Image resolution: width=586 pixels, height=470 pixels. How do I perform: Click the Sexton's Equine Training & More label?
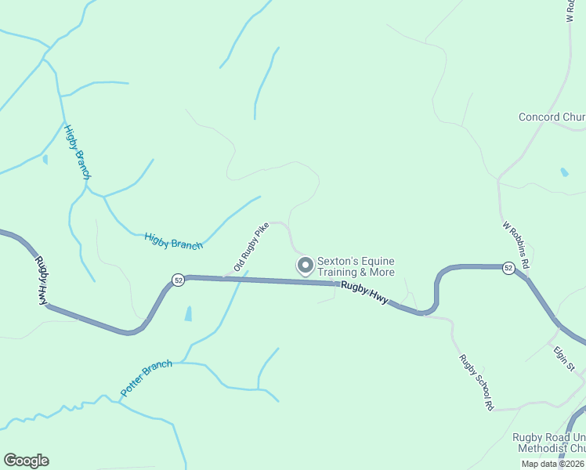tap(356, 267)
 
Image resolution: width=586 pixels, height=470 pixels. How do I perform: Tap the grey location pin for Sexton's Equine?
tap(305, 266)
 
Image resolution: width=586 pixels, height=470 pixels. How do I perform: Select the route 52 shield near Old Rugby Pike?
tap(179, 280)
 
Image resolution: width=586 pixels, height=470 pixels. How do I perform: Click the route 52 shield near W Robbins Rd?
tap(509, 268)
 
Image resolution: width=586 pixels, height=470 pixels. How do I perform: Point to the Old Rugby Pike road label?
tap(251, 246)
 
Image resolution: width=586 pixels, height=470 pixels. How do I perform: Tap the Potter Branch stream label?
tap(146, 378)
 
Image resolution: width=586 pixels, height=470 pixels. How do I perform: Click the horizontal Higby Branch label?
tap(173, 240)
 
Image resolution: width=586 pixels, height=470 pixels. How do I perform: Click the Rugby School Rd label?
tap(476, 383)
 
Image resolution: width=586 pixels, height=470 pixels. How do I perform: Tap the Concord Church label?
tap(552, 117)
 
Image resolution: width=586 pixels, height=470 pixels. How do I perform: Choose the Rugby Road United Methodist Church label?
tap(548, 443)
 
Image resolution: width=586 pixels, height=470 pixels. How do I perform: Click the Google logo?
tap(26, 461)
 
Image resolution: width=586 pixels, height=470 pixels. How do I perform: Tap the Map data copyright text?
tap(553, 464)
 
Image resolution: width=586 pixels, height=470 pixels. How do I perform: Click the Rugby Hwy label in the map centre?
tap(364, 293)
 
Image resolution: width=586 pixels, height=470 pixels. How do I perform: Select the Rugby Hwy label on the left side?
tap(41, 279)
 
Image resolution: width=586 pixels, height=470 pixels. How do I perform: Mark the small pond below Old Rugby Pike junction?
tap(188, 314)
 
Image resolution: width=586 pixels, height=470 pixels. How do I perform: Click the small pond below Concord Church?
tap(564, 172)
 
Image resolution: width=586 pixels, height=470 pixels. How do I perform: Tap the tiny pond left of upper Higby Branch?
tap(45, 159)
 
